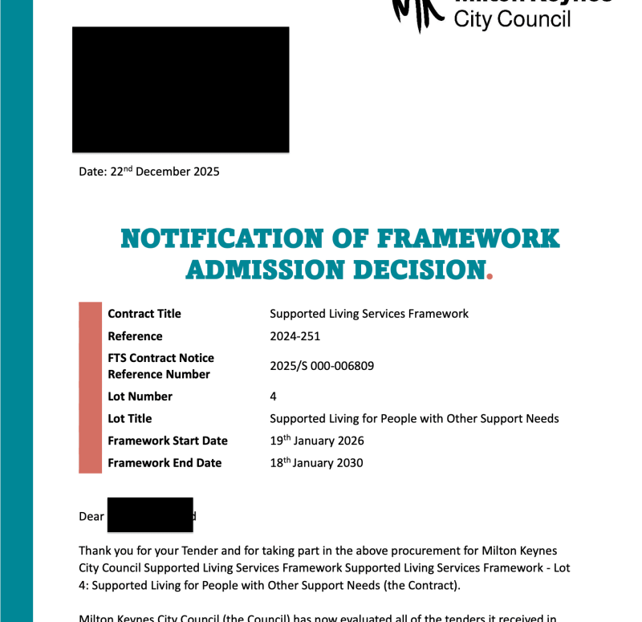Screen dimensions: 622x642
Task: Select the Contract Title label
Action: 144,314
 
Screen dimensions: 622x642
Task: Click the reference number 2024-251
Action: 295,336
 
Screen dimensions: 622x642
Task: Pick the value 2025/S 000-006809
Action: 322,366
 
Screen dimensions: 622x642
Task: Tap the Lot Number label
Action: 140,396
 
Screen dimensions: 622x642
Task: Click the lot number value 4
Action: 274,396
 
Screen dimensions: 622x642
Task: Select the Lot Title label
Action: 129,419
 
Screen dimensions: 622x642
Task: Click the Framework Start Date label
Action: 168,441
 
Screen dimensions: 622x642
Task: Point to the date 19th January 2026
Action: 317,441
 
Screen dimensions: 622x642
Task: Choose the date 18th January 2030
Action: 316,463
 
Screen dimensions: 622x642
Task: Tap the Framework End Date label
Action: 165,463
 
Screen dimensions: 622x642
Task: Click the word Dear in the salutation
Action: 91,517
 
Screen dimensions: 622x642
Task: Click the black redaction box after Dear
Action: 150,514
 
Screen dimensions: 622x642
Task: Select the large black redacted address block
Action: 181,89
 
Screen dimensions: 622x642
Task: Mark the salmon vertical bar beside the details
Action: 91,388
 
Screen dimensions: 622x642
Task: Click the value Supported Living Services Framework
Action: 369,314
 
